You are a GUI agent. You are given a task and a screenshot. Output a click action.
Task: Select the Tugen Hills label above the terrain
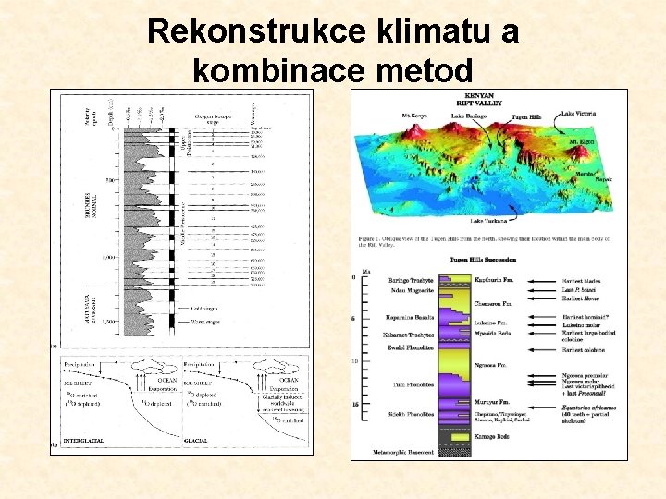point(525,117)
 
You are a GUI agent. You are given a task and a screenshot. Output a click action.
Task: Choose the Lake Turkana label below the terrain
point(488,222)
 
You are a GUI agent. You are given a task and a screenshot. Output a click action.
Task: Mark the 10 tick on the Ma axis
point(354,360)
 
